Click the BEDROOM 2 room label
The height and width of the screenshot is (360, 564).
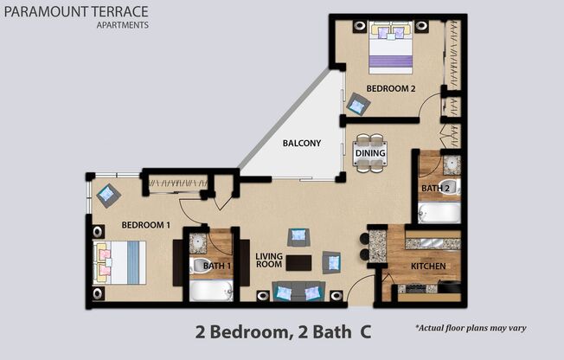point(391,88)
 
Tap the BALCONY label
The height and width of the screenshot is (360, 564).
point(300,144)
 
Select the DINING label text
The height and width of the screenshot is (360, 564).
point(369,153)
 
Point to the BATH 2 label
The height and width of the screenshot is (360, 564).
point(435,188)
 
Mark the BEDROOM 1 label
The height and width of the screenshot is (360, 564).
point(145,225)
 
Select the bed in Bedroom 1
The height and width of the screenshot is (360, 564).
point(119,260)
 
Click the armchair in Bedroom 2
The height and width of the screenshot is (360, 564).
point(358,105)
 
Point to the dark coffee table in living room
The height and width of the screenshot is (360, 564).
point(298,261)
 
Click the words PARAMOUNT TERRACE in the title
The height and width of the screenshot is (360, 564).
point(75,11)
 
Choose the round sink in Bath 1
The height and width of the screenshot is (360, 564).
point(198,241)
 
